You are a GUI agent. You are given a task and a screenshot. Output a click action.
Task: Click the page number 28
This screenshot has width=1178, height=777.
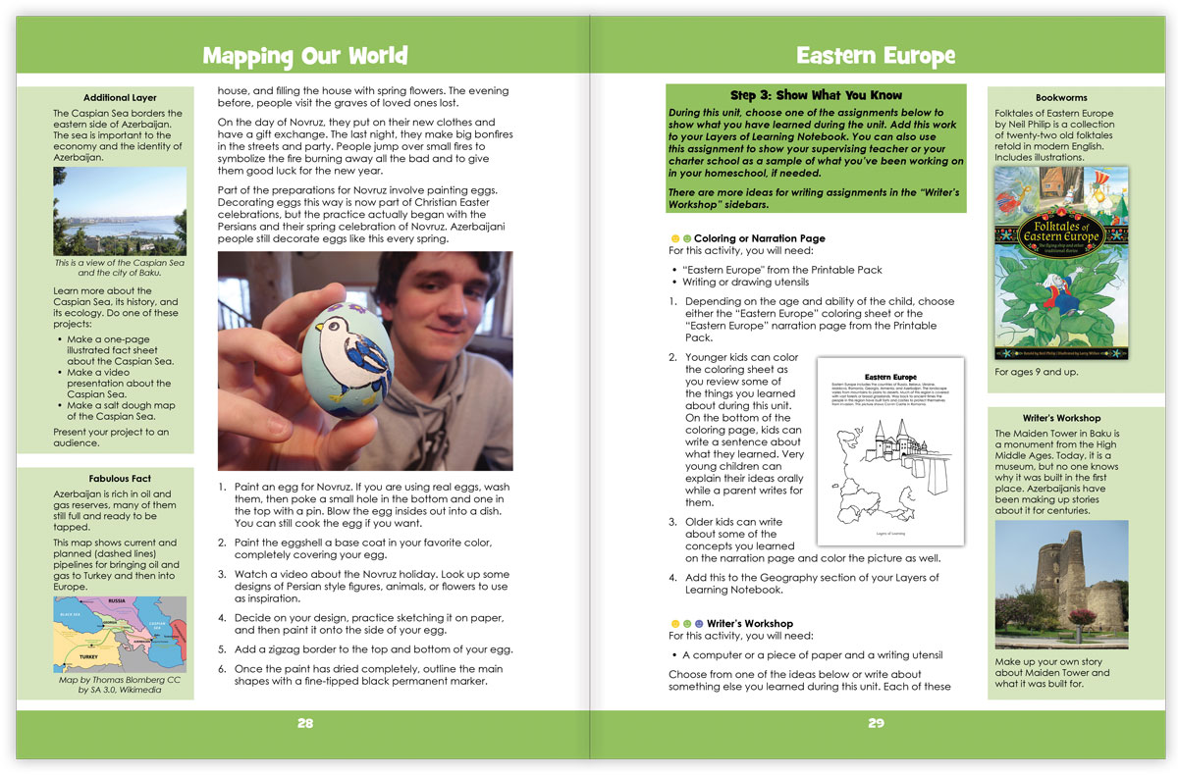pos(305,723)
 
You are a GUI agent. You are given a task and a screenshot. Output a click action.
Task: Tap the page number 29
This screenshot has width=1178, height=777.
pos(876,723)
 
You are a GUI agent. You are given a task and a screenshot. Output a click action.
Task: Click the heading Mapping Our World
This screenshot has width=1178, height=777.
pos(304,55)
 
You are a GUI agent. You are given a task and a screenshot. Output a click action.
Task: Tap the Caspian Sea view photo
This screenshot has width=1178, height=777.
pos(119,210)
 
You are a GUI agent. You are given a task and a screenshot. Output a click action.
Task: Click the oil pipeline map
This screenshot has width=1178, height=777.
pos(119,634)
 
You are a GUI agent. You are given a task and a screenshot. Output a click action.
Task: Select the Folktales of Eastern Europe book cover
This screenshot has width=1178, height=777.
pos(1060,262)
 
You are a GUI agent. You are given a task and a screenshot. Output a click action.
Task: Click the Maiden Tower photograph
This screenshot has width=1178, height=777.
pos(1061,585)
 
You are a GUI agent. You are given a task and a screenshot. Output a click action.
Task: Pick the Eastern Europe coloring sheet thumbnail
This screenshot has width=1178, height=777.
pos(890,450)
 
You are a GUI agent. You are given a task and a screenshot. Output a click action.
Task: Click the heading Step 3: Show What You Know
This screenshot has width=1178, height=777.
pos(816,95)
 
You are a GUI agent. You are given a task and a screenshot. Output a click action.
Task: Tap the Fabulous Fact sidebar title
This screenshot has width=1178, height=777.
pos(119,479)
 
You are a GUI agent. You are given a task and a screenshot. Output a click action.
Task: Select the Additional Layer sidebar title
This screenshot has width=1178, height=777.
pos(119,98)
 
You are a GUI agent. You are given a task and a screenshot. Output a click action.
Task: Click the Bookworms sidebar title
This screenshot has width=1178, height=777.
pos(1060,98)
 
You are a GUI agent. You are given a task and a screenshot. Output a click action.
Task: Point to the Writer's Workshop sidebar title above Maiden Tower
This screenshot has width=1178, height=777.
pos(1060,418)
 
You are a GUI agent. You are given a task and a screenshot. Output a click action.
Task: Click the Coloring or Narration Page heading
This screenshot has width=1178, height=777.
pos(759,238)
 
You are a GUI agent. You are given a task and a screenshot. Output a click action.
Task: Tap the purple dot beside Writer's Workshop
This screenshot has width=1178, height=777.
pos(699,624)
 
